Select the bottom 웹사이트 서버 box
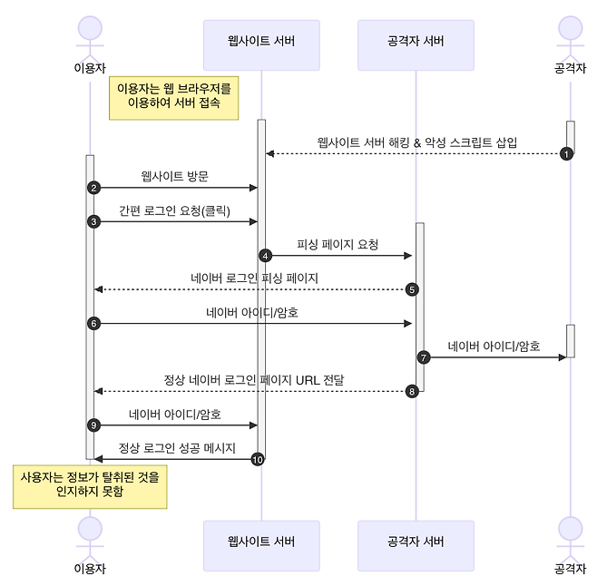pos(261,542)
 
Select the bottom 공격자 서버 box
pos(416,542)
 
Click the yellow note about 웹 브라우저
pos(173,97)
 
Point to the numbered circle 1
pos(567,153)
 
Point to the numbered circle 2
pos(93,188)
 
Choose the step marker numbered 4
pos(265,256)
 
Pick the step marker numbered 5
pos(412,289)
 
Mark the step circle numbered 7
pos(423,357)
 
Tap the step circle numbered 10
pos(258,460)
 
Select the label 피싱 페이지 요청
pos(337,244)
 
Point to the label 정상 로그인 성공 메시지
pos(177,448)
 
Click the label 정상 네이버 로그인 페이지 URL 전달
pos(254,379)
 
